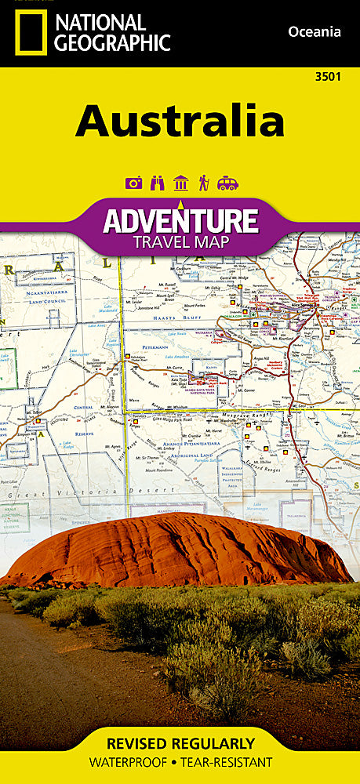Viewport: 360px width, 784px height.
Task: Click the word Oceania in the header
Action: coord(315,32)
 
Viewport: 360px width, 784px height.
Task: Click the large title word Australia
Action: coord(180,122)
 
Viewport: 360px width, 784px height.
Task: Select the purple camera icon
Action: coord(134,183)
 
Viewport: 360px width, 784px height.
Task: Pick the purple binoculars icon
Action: coord(157,183)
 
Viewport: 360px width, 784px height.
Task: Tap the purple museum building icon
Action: coord(180,183)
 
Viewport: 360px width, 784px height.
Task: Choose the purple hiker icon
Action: coord(203,183)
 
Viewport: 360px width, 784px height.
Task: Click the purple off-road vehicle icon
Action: coord(227,183)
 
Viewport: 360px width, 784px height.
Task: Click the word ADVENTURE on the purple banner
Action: coord(180,220)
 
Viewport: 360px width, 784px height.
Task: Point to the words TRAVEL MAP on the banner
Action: coord(180,241)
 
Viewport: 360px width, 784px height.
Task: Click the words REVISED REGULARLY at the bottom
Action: coord(180,743)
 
